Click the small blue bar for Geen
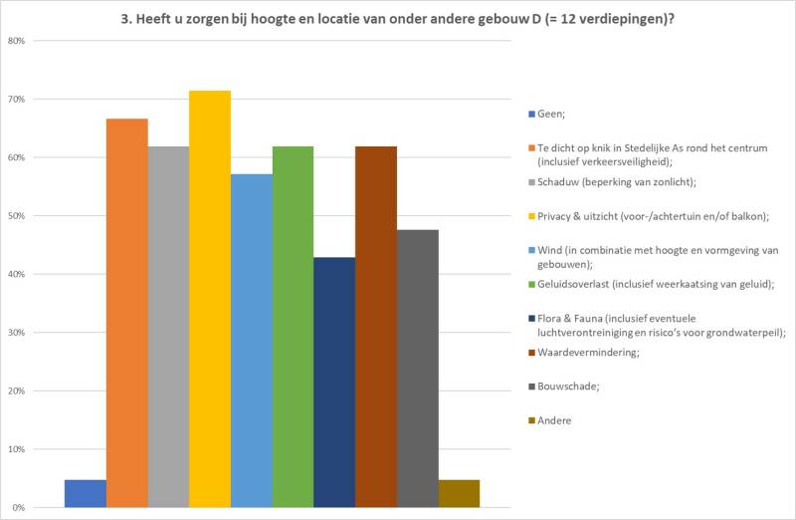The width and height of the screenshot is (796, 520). coord(86,493)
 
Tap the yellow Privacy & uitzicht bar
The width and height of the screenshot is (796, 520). coord(210,299)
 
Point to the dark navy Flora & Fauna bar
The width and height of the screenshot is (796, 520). coord(334,383)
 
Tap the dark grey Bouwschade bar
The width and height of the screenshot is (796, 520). coord(417,369)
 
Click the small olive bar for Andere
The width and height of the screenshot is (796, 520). coord(459,493)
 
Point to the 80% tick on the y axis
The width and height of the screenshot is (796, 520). coord(17,41)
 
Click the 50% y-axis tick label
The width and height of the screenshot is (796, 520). coord(17,216)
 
